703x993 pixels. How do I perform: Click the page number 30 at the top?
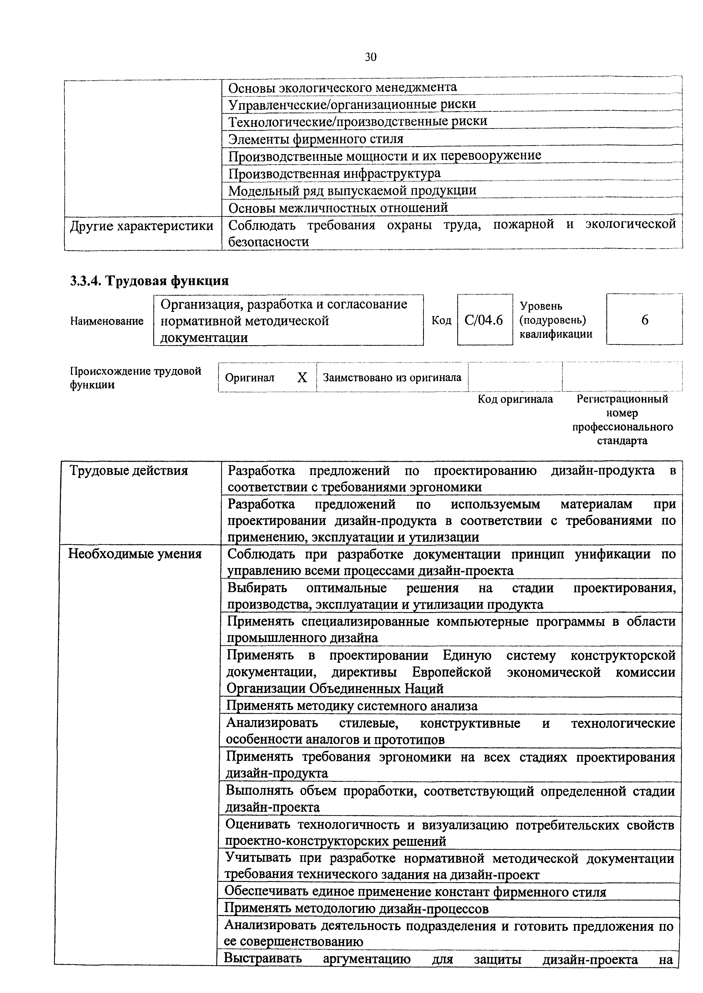point(370,57)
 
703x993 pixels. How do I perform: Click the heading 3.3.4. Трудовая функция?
point(149,281)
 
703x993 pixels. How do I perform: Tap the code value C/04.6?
point(484,320)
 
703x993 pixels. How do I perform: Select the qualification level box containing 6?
point(644,320)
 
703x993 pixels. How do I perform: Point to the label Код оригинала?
point(515,399)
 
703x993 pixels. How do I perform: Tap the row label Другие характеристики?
point(142,226)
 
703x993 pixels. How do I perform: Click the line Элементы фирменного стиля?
point(316,139)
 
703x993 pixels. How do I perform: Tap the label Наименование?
point(107,321)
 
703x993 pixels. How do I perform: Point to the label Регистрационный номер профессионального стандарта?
point(622,419)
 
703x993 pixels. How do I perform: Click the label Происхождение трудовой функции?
point(135,378)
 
